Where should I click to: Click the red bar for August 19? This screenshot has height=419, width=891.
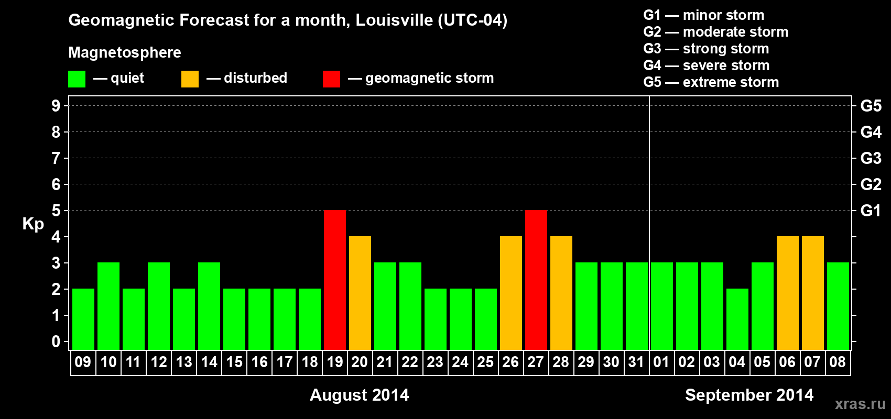coord(335,280)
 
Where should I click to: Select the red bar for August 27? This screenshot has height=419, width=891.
coord(536,280)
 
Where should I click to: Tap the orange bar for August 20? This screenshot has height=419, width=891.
coord(360,293)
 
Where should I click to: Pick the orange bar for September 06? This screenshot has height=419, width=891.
coord(788,293)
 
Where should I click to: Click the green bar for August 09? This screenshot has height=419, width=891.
coord(83,319)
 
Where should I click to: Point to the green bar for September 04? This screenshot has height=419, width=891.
coord(737,319)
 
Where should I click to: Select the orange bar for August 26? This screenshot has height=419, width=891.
coord(511,293)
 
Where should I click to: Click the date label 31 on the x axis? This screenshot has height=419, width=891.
coord(636,362)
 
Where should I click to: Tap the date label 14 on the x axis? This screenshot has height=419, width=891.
coord(209,362)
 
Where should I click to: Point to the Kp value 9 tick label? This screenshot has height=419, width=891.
coord(56,106)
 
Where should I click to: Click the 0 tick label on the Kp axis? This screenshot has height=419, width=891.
coord(56,341)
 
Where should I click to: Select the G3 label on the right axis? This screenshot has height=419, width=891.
coord(871,158)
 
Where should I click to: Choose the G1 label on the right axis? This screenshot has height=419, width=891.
coord(871,211)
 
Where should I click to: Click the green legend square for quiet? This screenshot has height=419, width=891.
coord(77,79)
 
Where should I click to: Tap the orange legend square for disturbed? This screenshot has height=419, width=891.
coord(190,79)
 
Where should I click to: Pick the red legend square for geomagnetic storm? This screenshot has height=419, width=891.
coord(331,79)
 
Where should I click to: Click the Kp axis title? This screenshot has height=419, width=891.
coord(33,224)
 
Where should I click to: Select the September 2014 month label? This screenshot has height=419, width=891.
coord(749,395)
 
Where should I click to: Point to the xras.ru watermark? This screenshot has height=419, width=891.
coord(860,404)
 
